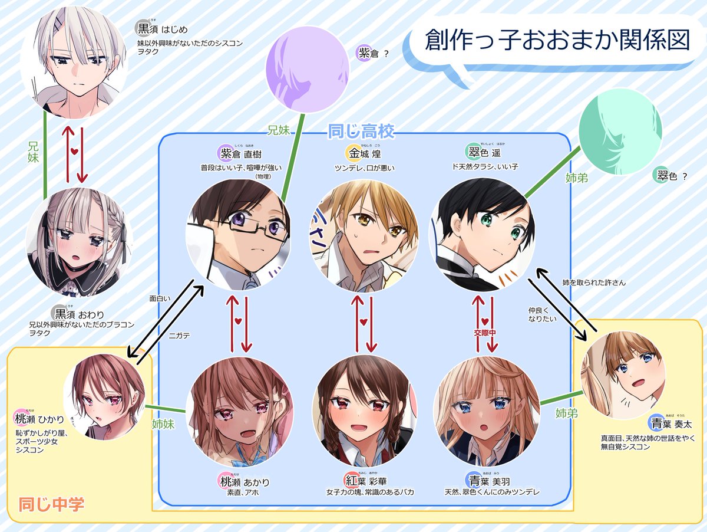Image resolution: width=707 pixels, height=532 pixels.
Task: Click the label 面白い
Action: coord(160,298)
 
